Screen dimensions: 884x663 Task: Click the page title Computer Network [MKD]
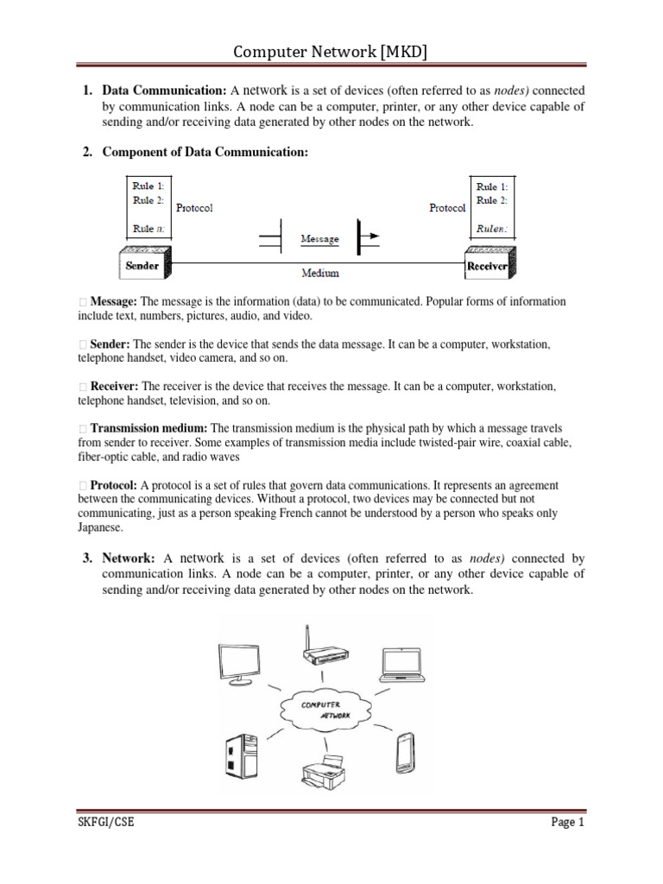tap(331, 54)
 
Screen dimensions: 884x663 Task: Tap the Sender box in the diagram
tap(143, 265)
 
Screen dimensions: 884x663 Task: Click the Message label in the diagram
tap(319, 238)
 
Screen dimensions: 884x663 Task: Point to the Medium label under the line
tap(319, 274)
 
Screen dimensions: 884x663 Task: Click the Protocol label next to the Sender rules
tap(194, 208)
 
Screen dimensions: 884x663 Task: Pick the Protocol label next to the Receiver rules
tap(446, 208)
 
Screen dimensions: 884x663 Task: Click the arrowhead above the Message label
tap(367, 233)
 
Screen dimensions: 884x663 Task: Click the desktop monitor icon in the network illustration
tap(239, 664)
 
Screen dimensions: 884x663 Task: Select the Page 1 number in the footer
tap(568, 823)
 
